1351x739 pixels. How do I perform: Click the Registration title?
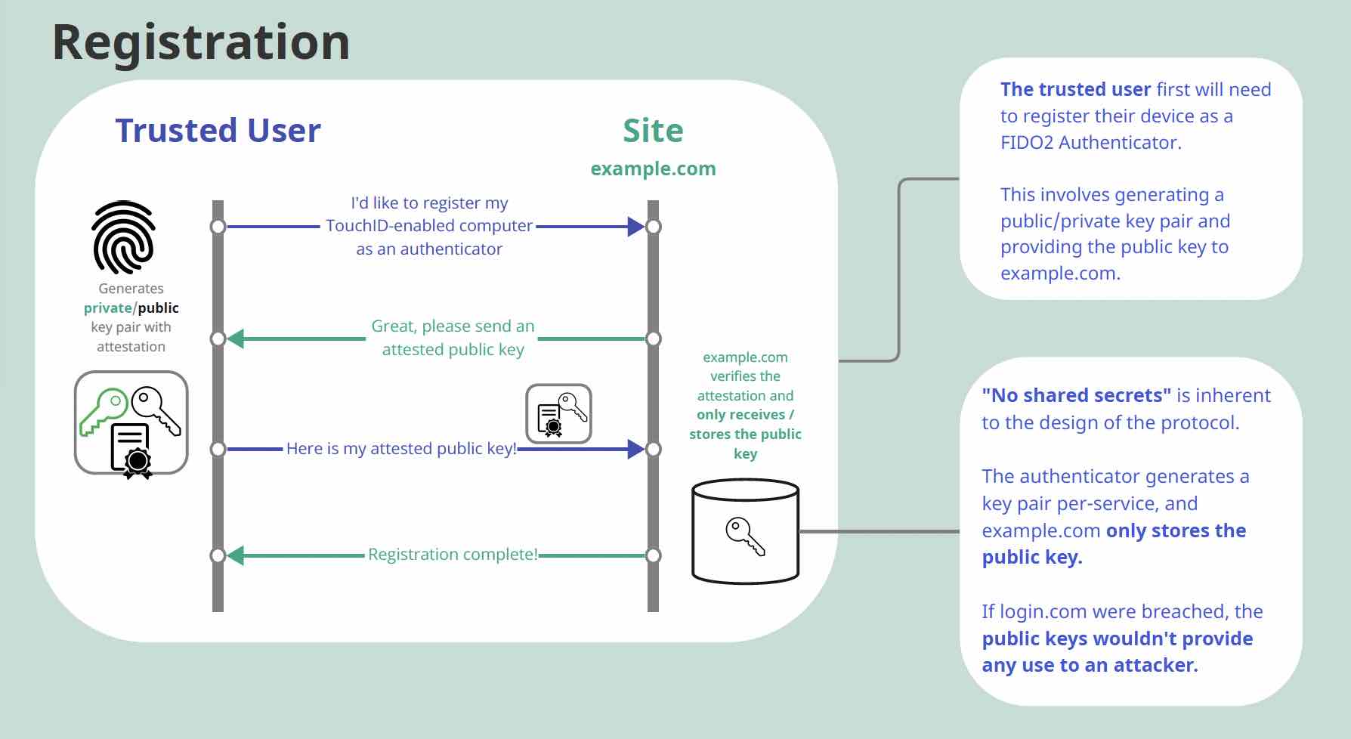(201, 42)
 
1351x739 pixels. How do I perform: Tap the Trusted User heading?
(218, 131)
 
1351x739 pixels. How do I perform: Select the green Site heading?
(653, 131)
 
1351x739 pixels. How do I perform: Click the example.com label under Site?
(653, 169)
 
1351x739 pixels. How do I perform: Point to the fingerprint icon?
(124, 237)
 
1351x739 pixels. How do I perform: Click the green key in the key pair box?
(102, 410)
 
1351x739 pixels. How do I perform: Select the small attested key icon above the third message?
(558, 413)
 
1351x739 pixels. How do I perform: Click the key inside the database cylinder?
(745, 536)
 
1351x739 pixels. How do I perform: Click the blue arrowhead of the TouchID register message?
(635, 226)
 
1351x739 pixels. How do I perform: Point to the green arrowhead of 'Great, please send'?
(236, 339)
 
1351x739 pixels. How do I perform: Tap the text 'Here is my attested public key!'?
(401, 449)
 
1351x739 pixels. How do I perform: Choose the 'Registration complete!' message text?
(453, 555)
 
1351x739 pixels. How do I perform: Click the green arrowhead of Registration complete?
(236, 555)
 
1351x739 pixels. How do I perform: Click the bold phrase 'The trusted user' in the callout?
(1075, 89)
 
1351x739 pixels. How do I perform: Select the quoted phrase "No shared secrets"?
(1076, 395)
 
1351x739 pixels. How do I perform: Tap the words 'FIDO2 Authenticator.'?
(1090, 142)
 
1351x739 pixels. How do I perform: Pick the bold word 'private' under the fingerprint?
(107, 308)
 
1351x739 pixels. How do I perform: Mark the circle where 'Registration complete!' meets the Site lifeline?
(654, 555)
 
